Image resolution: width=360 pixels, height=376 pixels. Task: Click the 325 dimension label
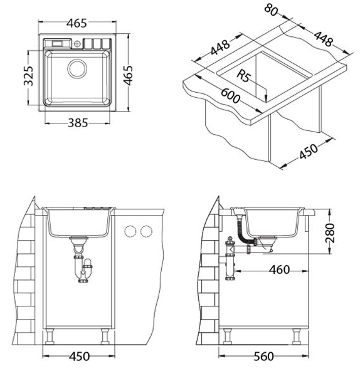pos(29,76)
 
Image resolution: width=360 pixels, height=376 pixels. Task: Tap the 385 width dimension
pos(78,123)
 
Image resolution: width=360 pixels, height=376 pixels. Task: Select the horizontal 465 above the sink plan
pos(77,23)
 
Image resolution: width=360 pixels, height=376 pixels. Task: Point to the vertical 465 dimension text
pos(128,75)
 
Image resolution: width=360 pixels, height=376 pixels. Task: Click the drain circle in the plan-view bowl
pos(77,68)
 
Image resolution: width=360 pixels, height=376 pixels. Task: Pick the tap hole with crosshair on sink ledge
pos(77,44)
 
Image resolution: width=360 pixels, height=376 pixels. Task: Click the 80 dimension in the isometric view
pos(271,11)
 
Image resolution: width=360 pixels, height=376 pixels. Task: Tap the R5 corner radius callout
pos(244,76)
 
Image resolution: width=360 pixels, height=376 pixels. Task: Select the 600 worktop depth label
pos(230,96)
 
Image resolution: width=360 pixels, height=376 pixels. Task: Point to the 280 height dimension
pos(330,233)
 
